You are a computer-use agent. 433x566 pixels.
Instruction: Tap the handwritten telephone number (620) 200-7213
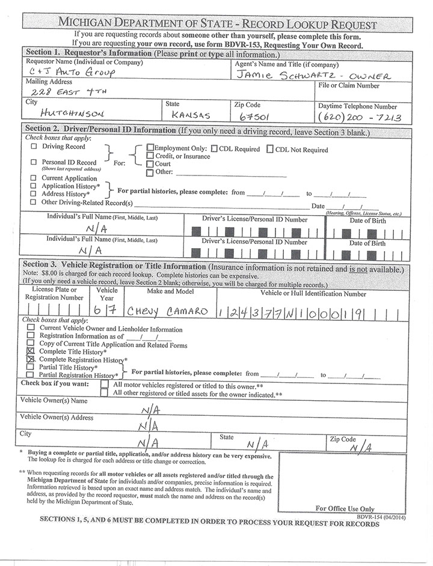click(359, 116)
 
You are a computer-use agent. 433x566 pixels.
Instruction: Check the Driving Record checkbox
click(34, 146)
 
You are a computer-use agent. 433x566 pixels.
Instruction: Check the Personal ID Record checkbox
click(34, 162)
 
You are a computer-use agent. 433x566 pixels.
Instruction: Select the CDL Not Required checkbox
click(270, 149)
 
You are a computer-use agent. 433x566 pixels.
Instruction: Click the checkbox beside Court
click(150, 164)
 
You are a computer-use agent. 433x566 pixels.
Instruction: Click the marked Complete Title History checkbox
click(31, 351)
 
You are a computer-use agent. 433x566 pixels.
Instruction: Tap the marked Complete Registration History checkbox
click(31, 359)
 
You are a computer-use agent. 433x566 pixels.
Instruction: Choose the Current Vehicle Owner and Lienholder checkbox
click(31, 329)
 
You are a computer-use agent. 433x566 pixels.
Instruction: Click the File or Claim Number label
click(348, 86)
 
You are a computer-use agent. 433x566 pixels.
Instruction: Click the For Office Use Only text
click(345, 508)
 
